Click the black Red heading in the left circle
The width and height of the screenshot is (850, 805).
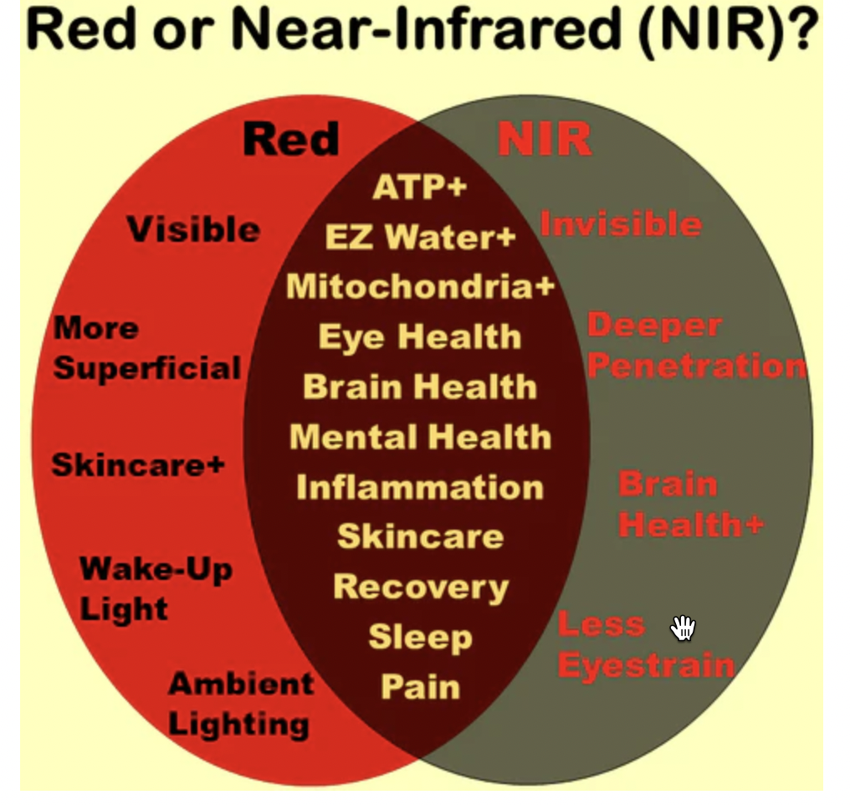[292, 139]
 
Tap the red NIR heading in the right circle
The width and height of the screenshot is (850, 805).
[545, 139]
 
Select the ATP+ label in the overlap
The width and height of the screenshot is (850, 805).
[420, 187]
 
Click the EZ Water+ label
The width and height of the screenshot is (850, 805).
[420, 237]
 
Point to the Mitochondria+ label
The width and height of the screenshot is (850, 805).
[421, 285]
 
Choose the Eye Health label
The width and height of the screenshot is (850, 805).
[420, 337]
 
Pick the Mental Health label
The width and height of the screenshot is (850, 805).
[421, 437]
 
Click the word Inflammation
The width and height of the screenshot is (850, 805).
[420, 487]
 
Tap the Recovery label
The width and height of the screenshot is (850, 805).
[421, 588]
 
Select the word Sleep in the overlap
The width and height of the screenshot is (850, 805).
[421, 638]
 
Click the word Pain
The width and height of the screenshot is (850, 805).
[421, 686]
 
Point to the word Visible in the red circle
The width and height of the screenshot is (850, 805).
[193, 228]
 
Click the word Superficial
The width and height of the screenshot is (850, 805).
[147, 369]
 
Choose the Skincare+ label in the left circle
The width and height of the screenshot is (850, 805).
[138, 465]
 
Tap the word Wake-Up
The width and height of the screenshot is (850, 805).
[156, 570]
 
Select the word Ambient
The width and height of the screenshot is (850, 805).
[241, 683]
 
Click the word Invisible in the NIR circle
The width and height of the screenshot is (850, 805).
[622, 224]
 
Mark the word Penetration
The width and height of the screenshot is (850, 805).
[697, 366]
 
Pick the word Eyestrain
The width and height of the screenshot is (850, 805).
[646, 665]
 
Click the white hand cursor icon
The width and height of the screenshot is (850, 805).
[683, 628]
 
